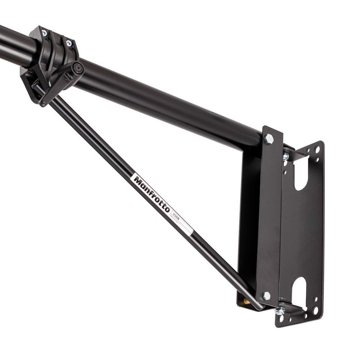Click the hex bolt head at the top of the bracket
coord(269,138)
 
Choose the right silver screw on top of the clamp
coord(69,43)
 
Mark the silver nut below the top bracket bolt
coord(286,156)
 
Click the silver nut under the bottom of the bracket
coord(279,311)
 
